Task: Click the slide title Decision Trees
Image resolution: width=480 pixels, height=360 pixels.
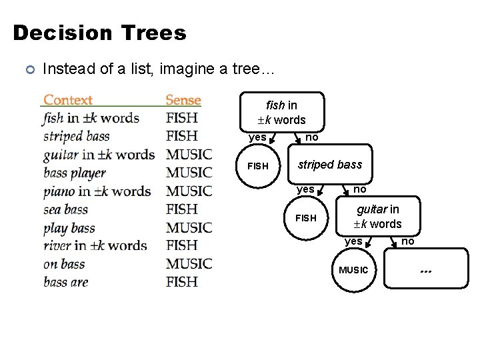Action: click(99, 33)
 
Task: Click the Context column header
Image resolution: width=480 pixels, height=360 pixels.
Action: click(68, 101)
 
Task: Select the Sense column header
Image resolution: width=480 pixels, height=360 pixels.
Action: click(183, 101)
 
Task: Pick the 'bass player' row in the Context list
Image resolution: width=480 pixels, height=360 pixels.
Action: click(75, 173)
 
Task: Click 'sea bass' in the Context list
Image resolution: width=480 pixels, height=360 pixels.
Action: click(65, 210)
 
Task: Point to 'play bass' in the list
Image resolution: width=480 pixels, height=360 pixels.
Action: click(69, 228)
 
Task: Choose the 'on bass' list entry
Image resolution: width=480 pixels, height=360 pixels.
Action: click(64, 264)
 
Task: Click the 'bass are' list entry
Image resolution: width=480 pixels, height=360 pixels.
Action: click(66, 282)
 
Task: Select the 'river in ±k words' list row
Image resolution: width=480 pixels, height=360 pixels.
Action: click(95, 246)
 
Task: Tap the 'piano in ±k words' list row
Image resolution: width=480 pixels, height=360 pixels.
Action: click(97, 191)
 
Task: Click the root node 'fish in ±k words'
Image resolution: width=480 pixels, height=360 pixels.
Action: click(281, 112)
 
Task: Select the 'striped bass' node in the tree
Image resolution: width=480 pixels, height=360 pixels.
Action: click(329, 165)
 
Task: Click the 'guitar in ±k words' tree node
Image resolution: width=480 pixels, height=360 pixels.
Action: click(377, 217)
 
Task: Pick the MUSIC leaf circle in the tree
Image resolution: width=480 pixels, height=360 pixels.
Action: click(353, 270)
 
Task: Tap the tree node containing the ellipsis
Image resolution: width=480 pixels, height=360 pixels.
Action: click(427, 270)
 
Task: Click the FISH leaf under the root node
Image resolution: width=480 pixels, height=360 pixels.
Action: click(258, 166)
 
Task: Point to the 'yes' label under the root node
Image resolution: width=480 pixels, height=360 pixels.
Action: click(257, 138)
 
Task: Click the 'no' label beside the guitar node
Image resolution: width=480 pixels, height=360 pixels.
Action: click(407, 241)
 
